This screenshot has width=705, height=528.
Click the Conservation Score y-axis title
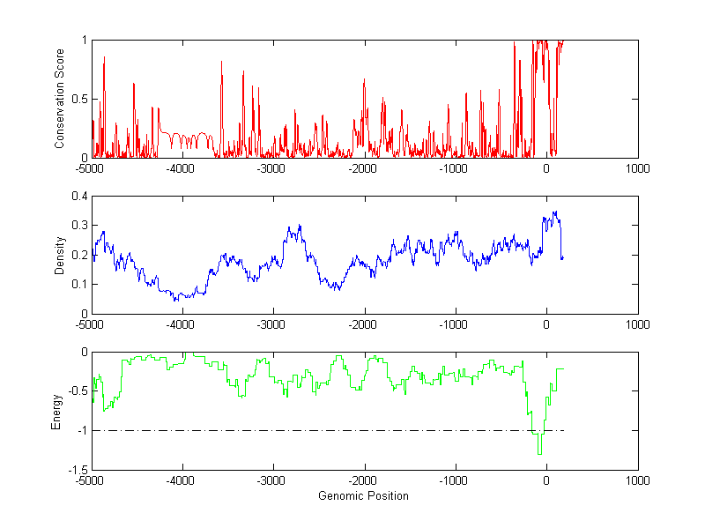(60, 99)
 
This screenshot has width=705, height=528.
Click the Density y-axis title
(60, 255)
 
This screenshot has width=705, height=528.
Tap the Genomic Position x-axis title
(363, 496)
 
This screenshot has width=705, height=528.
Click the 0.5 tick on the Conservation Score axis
(78, 99)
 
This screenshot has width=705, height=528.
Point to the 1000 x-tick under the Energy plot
(637, 481)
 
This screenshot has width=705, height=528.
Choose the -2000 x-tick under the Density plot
(364, 324)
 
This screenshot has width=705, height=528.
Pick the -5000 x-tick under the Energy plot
(91, 481)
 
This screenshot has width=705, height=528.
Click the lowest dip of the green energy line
(539, 453)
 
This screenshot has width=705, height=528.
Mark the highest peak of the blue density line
(555, 212)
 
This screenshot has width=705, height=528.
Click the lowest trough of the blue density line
(176, 301)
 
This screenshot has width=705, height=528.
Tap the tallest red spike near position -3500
(221, 62)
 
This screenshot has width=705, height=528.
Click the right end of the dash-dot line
(562, 430)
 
